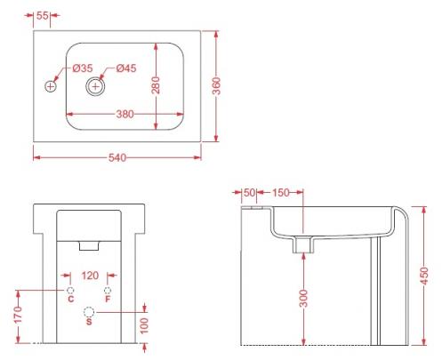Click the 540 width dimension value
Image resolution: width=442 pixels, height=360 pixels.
tap(117, 157)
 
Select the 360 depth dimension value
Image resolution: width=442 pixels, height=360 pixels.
tap(217, 86)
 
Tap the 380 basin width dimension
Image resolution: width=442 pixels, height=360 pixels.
tap(125, 114)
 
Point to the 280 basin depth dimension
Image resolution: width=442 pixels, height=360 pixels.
tap(156, 85)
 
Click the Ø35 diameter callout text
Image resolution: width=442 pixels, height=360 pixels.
tap(83, 68)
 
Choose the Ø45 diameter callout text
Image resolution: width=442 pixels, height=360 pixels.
tap(126, 68)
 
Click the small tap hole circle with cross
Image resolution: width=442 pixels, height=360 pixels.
tap(51, 86)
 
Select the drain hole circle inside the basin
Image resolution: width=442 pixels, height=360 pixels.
tap(95, 86)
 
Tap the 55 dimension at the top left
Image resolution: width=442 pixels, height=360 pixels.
tap(43, 16)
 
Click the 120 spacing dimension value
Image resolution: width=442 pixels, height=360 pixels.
tap(90, 276)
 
